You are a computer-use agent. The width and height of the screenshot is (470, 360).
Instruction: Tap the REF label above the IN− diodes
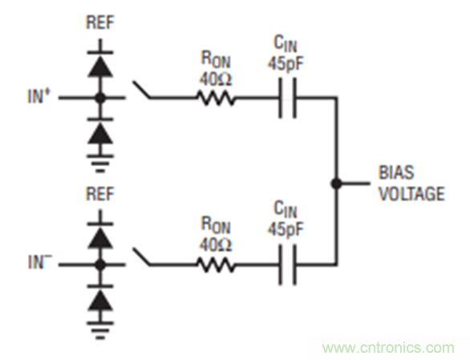tap(99, 195)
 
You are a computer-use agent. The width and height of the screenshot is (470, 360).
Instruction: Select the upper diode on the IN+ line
tap(99, 67)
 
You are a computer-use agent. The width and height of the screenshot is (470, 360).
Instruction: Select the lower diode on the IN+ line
tap(99, 130)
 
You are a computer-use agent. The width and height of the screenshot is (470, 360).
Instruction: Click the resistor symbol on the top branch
tap(215, 99)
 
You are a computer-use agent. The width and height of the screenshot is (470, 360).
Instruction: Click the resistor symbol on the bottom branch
tap(215, 264)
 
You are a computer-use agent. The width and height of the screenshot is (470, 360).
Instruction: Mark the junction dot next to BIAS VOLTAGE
tap(337, 183)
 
